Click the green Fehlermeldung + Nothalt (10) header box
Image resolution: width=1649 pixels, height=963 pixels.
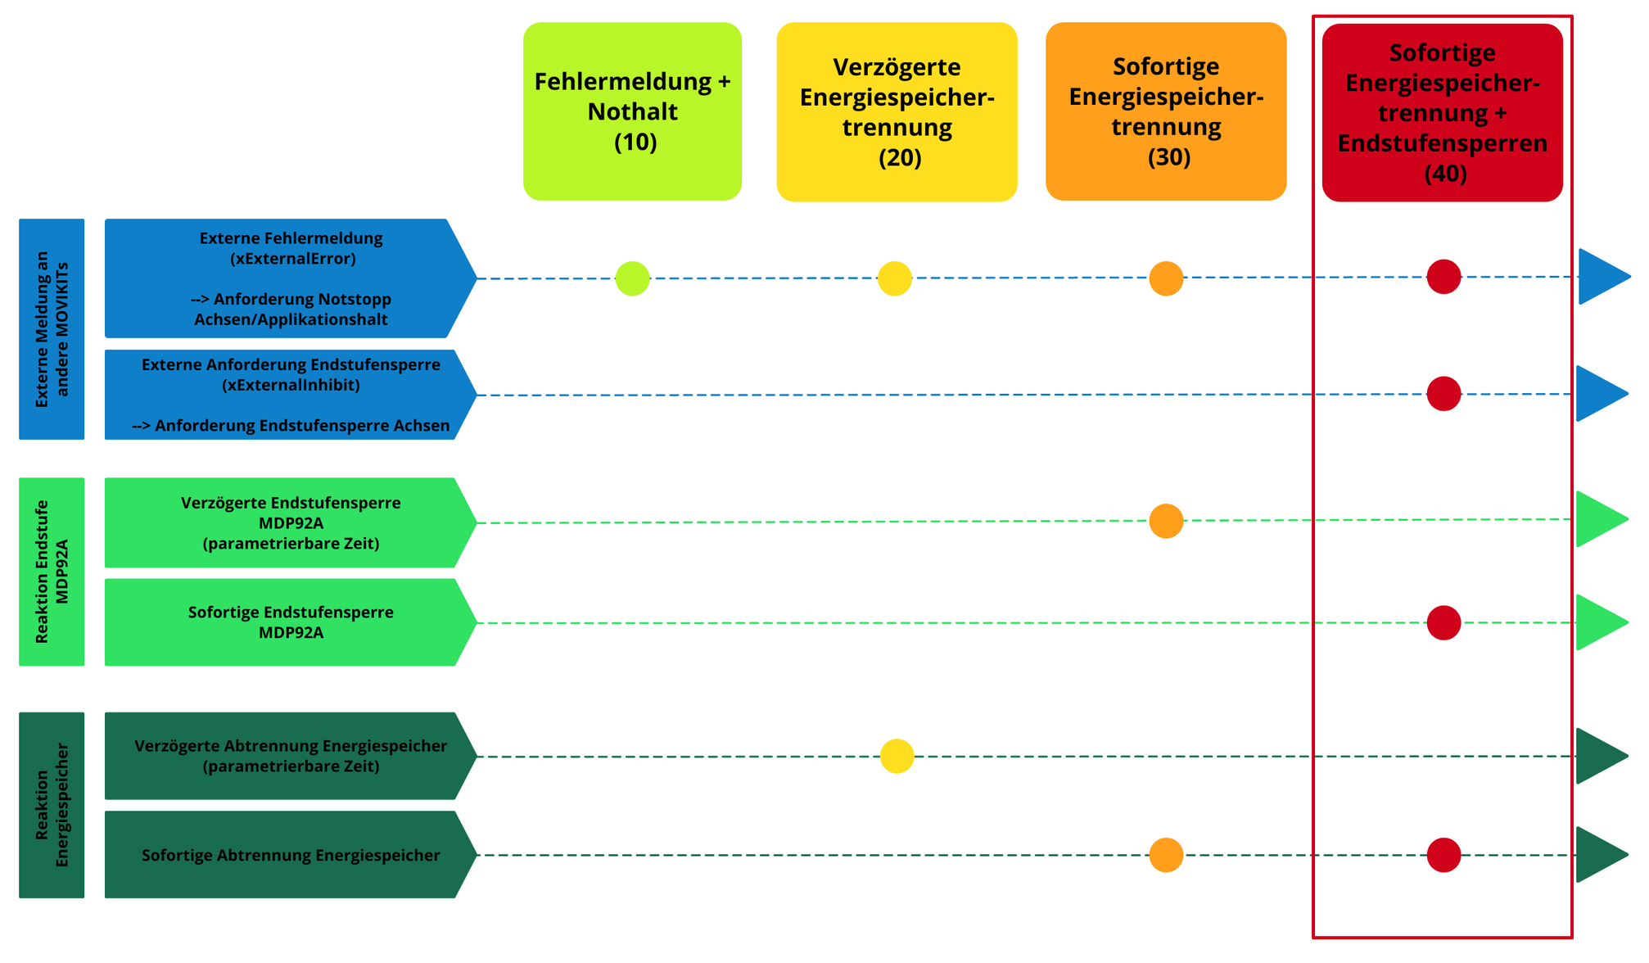pos(632,111)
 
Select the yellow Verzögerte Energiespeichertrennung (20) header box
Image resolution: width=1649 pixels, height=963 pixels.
pos(897,111)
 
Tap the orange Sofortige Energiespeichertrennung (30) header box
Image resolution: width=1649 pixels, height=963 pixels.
pos(1166,111)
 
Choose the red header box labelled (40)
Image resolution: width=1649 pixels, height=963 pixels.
pos(1442,112)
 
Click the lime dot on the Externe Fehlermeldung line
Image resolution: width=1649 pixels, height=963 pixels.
pos(632,278)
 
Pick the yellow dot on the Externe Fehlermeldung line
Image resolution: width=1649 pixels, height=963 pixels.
pos(895,278)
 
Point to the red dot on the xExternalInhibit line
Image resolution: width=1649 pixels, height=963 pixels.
pos(1443,394)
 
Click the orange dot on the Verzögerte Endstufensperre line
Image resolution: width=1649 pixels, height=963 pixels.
pos(1166,521)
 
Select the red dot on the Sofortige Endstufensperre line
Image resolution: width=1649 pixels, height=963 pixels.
pos(1443,622)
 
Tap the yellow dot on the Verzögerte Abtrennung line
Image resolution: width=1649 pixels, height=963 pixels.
pos(897,756)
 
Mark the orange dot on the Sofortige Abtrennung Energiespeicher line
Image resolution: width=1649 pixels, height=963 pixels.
pos(1166,855)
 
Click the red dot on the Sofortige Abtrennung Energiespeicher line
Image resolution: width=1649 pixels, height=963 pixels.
pos(1443,855)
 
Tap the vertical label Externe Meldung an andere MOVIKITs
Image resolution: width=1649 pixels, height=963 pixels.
pos(52,329)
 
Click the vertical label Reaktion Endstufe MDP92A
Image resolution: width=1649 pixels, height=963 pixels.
pos(52,572)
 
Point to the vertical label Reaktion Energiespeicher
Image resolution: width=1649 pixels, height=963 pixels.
pos(52,805)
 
